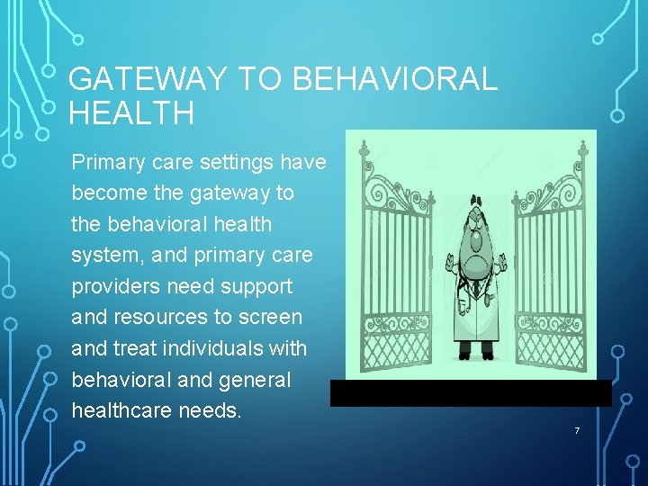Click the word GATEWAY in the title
[146, 79]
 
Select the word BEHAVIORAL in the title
[395, 79]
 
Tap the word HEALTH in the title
[130, 113]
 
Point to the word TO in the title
[260, 79]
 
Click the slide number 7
[577, 431]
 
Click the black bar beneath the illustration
[471, 393]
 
